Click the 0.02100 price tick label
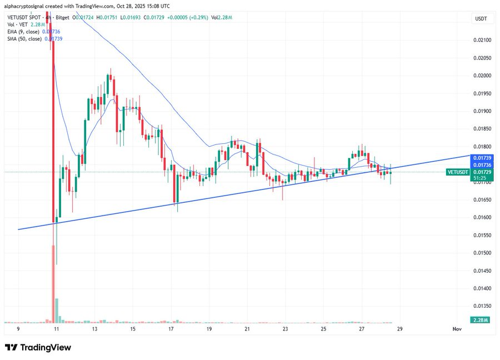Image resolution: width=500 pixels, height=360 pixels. [481, 40]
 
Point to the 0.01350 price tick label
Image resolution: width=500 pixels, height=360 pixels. [481, 306]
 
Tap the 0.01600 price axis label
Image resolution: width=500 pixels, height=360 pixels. [481, 217]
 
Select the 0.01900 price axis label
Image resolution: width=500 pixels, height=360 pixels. [481, 111]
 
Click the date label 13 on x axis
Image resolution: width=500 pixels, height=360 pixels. [94, 329]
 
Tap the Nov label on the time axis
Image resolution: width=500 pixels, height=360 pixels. [457, 329]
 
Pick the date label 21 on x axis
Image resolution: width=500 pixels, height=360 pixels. [247, 329]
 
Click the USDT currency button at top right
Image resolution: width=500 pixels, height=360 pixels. [481, 19]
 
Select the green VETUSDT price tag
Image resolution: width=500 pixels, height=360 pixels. [458, 172]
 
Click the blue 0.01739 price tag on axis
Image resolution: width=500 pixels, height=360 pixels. [481, 158]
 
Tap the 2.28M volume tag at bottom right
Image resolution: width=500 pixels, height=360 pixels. [481, 321]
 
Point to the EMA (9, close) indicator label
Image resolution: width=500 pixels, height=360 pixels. [24, 32]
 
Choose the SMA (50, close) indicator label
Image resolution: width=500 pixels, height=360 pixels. [24, 38]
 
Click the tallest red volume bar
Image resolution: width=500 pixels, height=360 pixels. [54, 283]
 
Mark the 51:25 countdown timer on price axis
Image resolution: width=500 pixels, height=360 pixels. [481, 178]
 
